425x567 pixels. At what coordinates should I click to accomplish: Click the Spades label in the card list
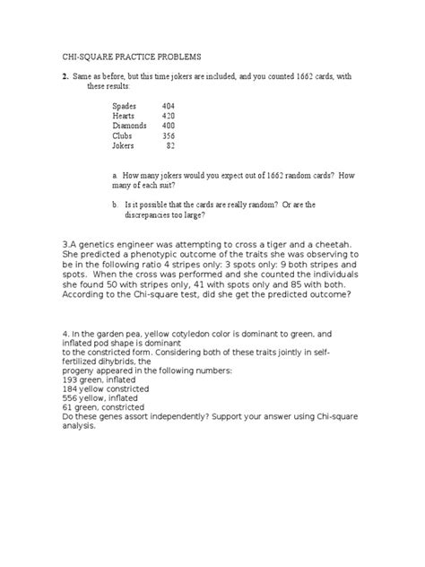tap(125, 106)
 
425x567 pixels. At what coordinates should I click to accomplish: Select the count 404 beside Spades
tap(168, 106)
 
